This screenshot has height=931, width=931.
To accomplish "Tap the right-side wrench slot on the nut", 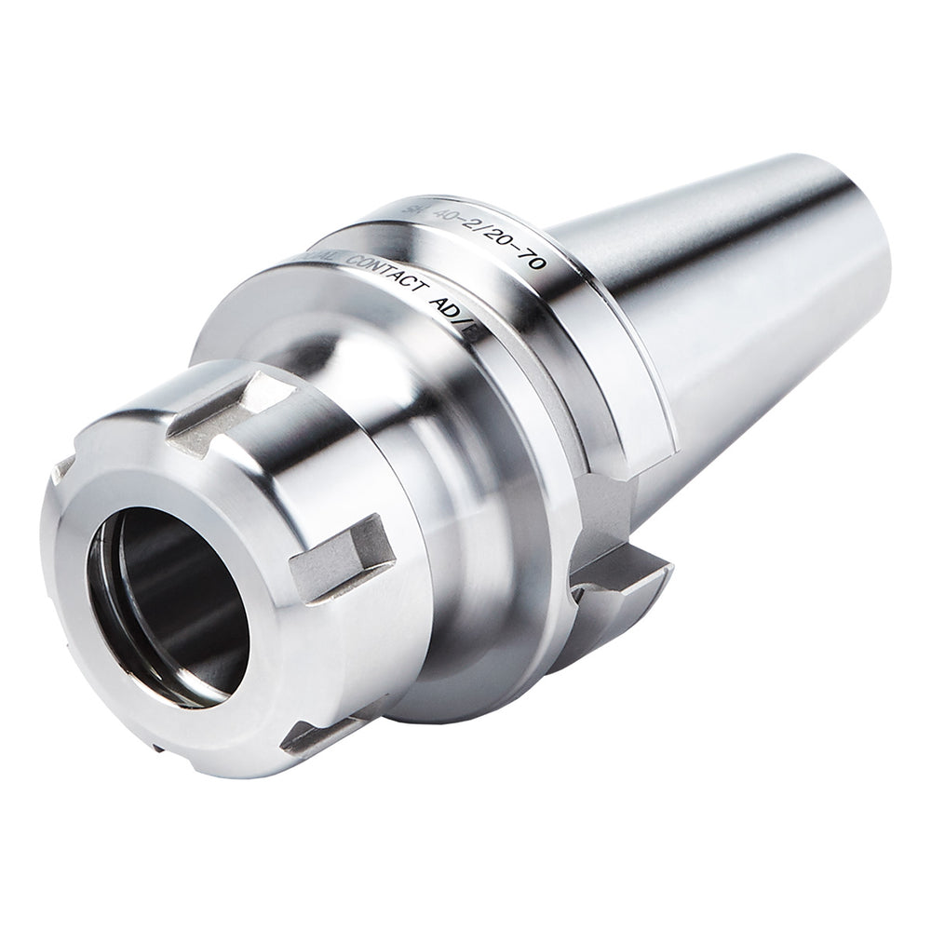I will (x=341, y=559).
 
